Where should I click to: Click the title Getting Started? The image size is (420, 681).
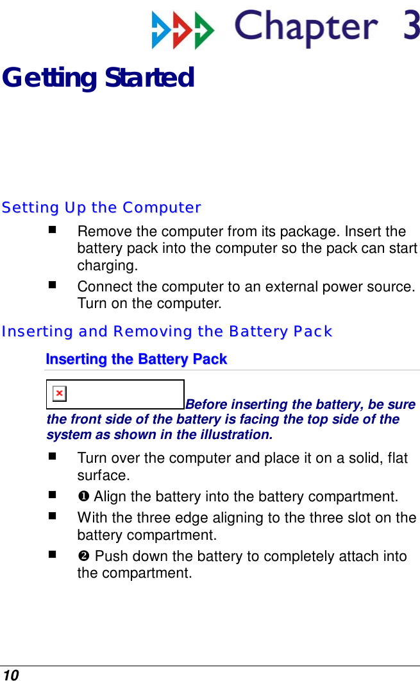pyautogui.click(x=98, y=78)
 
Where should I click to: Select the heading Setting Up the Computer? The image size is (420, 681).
pyautogui.click(x=101, y=208)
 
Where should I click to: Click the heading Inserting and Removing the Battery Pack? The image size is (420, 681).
pyautogui.click(x=167, y=332)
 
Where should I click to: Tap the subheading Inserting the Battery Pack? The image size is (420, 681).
pyautogui.click(x=137, y=359)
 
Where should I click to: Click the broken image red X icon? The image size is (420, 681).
pyautogui.click(x=59, y=393)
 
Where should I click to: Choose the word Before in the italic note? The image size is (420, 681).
pyautogui.click(x=207, y=404)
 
